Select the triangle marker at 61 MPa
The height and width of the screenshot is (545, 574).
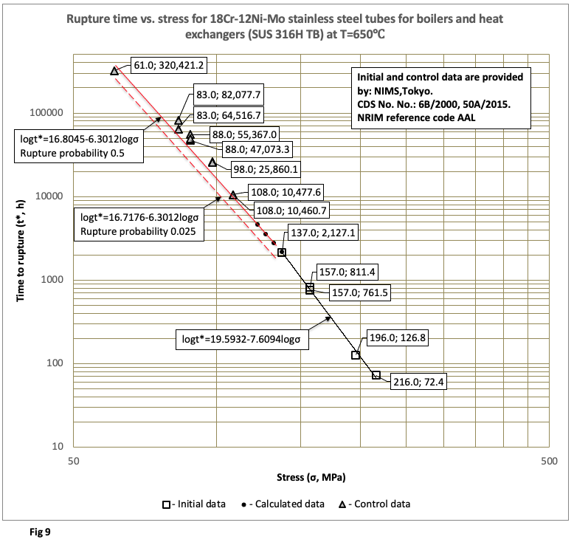click(114, 70)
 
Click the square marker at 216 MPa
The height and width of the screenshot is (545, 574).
click(376, 375)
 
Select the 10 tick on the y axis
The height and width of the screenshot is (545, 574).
click(63, 447)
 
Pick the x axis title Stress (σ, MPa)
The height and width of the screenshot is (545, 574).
click(309, 476)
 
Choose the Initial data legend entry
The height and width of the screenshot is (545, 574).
click(194, 504)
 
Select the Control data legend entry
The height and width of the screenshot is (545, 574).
click(373, 504)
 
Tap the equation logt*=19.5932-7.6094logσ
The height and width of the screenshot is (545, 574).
click(246, 340)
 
